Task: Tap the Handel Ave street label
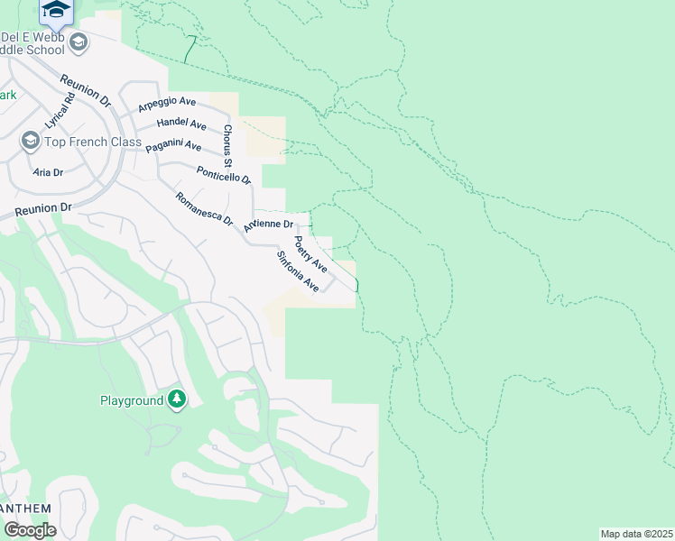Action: pos(181,123)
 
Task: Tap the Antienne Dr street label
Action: pos(269,225)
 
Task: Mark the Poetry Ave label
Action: pos(310,254)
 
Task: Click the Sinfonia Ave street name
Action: pos(298,270)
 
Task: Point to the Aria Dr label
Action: pos(48,172)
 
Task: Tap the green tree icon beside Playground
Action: pos(177,399)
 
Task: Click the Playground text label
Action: pos(131,400)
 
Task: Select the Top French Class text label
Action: pos(93,142)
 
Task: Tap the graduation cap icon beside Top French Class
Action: pos(30,142)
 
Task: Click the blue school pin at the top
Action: pos(56,10)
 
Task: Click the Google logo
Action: pos(29,530)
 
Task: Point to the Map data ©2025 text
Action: pos(635,534)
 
